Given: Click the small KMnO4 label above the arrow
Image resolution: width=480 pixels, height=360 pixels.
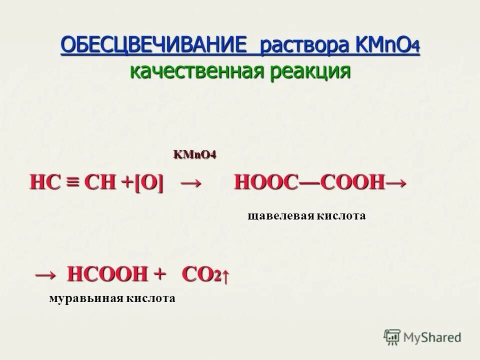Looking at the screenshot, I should pos(194,154).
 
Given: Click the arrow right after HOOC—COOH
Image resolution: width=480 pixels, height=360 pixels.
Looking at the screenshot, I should pos(396,183).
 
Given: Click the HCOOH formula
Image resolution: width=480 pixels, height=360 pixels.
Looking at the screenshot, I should pos(108,274).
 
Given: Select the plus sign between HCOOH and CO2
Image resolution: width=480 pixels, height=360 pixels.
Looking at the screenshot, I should pos(159,273).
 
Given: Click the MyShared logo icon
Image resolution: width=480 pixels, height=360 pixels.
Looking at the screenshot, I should pos(392,337).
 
